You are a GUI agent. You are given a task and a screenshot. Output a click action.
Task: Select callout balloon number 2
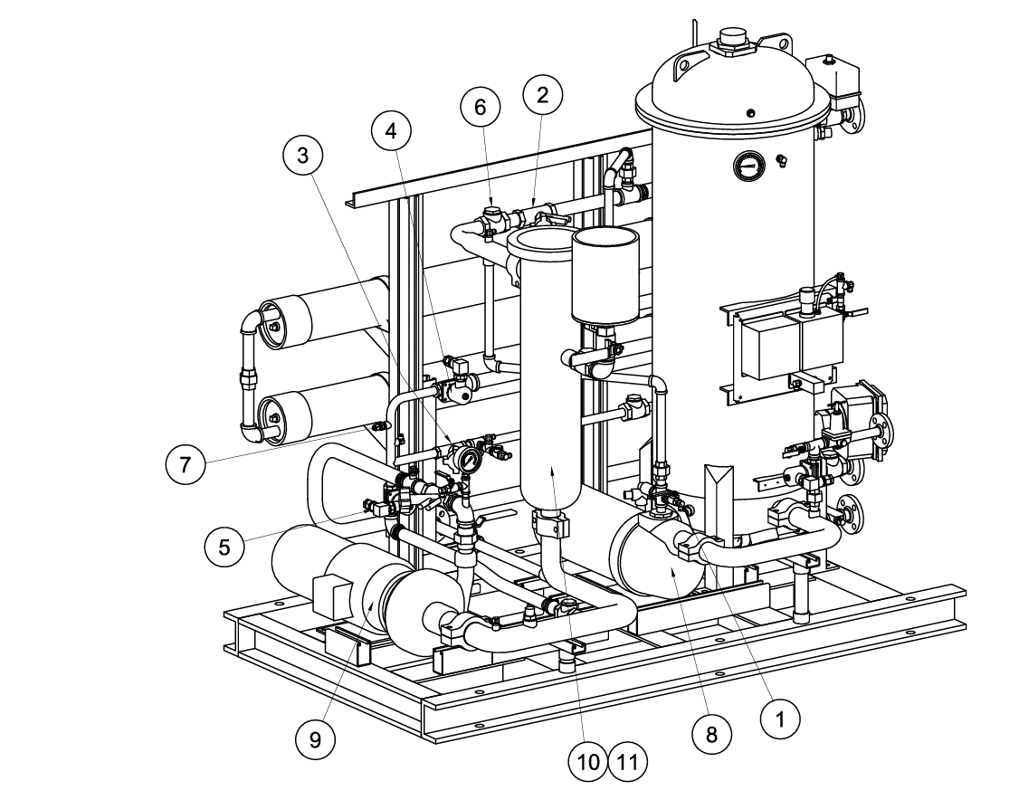pyautogui.click(x=542, y=95)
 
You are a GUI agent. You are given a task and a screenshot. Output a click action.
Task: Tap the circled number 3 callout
pyautogui.click(x=302, y=155)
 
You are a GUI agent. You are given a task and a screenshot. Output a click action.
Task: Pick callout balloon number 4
pyautogui.click(x=391, y=130)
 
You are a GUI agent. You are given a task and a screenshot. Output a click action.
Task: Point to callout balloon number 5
pyautogui.click(x=224, y=546)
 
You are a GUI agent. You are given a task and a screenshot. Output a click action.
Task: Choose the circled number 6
pyautogui.click(x=481, y=107)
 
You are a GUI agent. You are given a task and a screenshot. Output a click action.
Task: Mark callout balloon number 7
pyautogui.click(x=185, y=465)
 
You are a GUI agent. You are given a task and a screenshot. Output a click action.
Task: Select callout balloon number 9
pyautogui.click(x=315, y=739)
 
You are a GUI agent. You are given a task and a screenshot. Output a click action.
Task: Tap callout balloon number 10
pyautogui.click(x=588, y=762)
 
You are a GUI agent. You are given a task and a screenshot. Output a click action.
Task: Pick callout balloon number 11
pyautogui.click(x=628, y=762)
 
